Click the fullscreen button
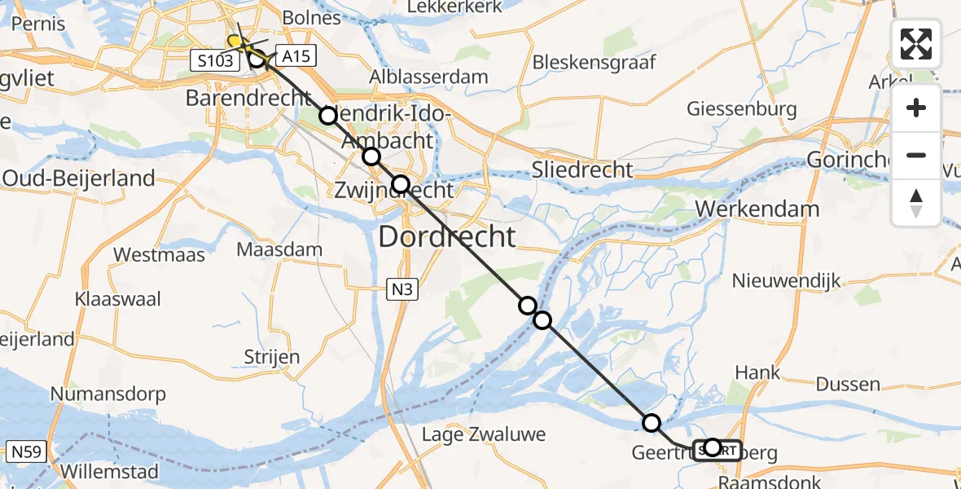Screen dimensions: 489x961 (916, 44)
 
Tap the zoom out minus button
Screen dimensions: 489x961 (916, 155)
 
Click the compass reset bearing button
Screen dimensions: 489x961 (916, 203)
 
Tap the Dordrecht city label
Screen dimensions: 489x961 (447, 237)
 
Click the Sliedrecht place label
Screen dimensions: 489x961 (581, 170)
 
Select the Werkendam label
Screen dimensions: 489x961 (768, 209)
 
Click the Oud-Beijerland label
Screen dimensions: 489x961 (78, 178)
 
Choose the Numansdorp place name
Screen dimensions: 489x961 (108, 394)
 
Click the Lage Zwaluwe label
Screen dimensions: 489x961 (483, 434)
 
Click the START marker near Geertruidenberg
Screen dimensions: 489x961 (717, 449)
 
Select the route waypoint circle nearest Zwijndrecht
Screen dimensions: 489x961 (401, 184)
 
